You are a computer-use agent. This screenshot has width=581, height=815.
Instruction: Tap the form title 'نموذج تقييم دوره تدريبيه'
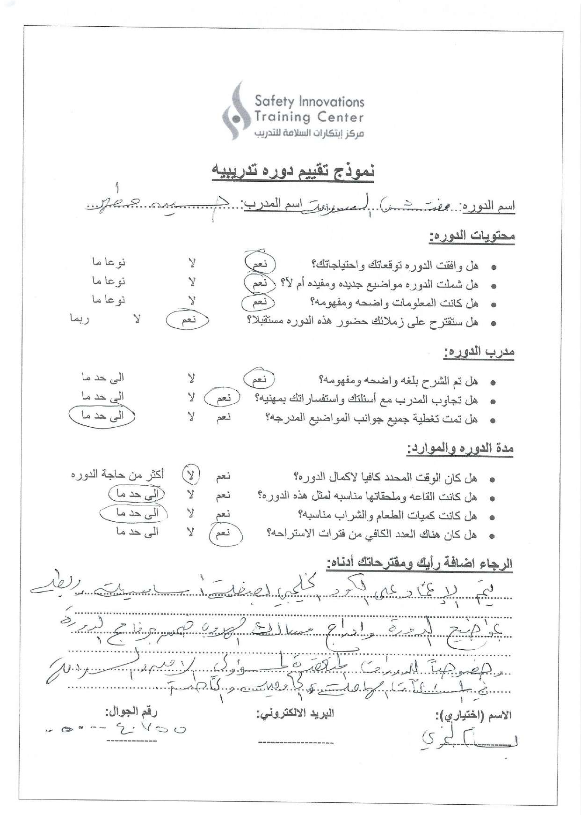click(293, 172)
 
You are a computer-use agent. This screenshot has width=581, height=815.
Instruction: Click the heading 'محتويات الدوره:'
click(472, 236)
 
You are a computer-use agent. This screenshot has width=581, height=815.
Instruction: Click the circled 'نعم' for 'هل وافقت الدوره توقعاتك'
click(260, 264)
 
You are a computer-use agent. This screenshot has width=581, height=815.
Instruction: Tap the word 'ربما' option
click(80, 319)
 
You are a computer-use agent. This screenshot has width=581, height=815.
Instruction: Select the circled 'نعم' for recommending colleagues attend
click(189, 320)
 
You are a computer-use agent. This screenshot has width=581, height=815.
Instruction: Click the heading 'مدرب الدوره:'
click(479, 351)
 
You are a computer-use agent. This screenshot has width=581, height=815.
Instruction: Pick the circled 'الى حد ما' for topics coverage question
click(102, 415)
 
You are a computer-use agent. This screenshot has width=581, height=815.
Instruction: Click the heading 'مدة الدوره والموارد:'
click(460, 449)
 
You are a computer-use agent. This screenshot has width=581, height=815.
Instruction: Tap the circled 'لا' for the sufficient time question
click(190, 475)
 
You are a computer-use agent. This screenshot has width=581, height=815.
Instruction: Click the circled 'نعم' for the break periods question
click(224, 533)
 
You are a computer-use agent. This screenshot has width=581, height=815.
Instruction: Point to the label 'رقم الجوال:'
click(131, 711)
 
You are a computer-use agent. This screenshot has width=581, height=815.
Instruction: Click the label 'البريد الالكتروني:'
click(295, 713)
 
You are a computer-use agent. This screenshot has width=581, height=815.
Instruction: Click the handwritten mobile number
click(117, 730)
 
